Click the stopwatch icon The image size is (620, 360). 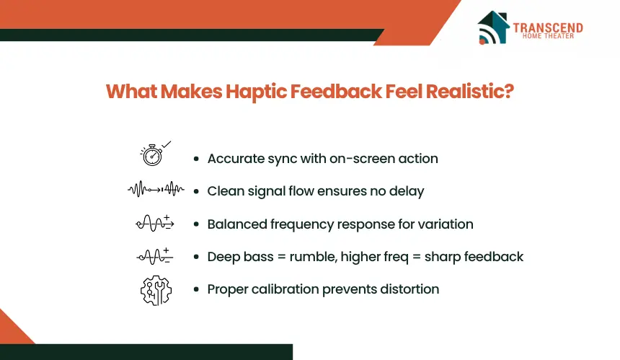[153, 154]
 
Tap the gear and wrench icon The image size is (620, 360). [156, 291]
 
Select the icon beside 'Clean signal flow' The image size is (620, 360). [156, 189]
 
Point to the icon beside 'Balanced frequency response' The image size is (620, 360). [155, 223]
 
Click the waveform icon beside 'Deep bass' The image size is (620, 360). [155, 256]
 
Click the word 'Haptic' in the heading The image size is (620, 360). [256, 92]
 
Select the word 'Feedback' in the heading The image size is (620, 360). [336, 92]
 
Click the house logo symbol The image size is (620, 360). [493, 27]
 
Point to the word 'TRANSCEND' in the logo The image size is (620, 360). [548, 27]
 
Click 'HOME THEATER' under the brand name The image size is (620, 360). [548, 36]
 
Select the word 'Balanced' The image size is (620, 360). [237, 224]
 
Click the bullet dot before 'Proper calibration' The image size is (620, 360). [196, 289]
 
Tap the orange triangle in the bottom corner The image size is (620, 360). [12, 330]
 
